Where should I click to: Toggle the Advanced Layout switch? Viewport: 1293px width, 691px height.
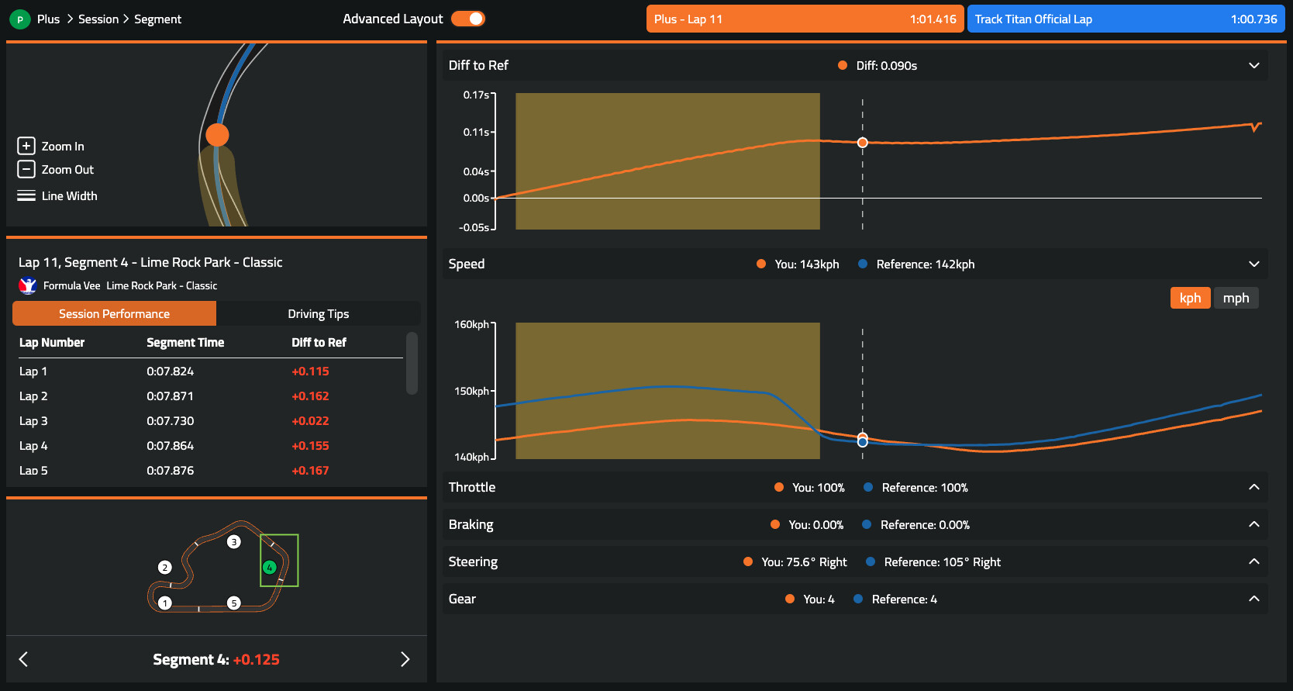tap(468, 19)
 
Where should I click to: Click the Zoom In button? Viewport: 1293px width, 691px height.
tap(51, 146)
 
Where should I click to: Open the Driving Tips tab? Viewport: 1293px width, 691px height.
tap(318, 314)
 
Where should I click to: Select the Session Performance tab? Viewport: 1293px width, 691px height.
tap(114, 314)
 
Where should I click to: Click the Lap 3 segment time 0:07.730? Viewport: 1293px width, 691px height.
tap(171, 421)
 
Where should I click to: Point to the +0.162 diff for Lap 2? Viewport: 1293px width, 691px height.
tap(310, 396)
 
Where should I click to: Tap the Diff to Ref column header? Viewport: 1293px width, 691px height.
tap(319, 343)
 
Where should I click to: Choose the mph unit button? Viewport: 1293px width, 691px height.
tap(1236, 298)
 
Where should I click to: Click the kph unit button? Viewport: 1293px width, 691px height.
tap(1190, 298)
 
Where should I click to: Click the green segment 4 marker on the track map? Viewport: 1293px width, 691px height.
tap(269, 568)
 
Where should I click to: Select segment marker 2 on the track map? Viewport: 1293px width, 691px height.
tap(164, 568)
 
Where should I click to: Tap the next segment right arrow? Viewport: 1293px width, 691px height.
tap(405, 659)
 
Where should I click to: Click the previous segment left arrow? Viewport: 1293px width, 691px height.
tap(23, 659)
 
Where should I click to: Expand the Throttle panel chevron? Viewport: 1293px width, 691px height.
tap(1253, 487)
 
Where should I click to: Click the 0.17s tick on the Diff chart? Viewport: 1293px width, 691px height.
tap(477, 95)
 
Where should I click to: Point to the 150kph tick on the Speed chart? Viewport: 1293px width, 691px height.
tap(472, 391)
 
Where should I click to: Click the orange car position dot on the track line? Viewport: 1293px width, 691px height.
tap(217, 135)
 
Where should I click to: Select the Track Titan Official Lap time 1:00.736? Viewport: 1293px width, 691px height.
tap(1253, 19)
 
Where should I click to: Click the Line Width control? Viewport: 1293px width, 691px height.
tap(57, 196)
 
